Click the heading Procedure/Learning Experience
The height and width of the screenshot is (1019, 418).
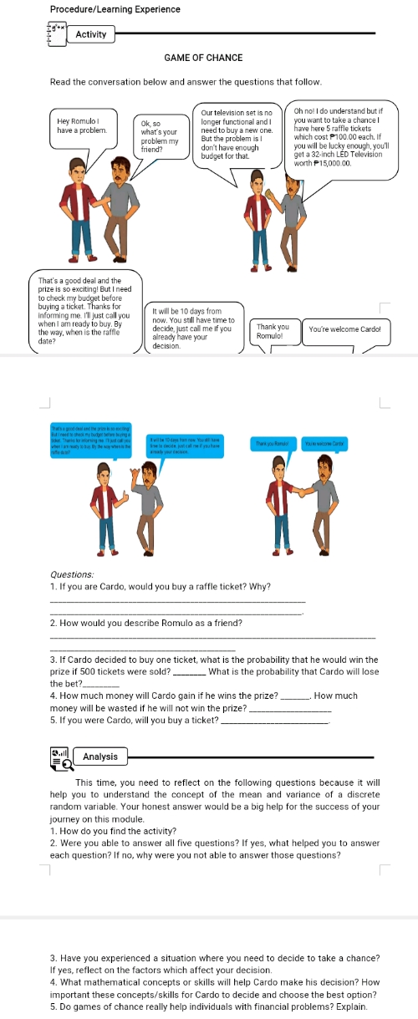[115, 9]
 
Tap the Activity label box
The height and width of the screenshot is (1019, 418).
[90, 34]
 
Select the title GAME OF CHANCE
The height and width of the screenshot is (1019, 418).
[204, 58]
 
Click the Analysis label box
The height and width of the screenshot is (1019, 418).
[100, 757]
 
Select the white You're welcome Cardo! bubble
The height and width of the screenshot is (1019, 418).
[344, 329]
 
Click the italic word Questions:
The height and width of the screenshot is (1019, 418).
[73, 574]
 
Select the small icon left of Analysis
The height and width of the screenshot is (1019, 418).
[59, 757]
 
